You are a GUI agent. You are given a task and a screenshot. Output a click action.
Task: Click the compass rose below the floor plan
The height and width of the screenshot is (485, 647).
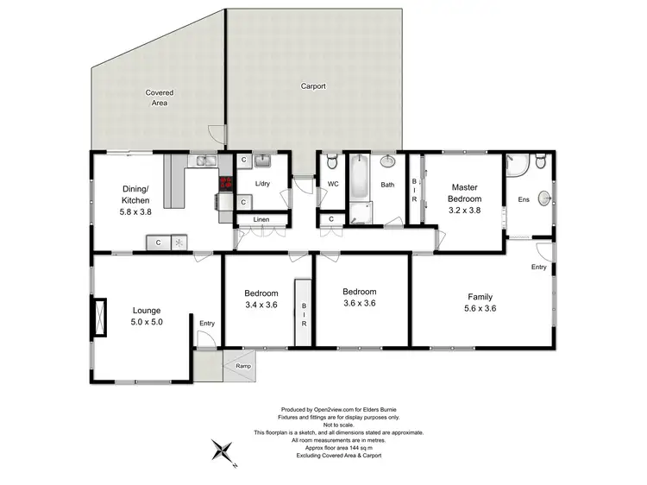pos(223,451)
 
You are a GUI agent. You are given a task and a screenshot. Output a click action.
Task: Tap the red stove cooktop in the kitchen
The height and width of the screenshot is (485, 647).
pos(227,182)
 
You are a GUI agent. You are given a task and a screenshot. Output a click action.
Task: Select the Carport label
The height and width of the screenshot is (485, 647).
pos(313,86)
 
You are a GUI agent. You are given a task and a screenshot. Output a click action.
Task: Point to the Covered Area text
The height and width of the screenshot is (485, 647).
pos(159,98)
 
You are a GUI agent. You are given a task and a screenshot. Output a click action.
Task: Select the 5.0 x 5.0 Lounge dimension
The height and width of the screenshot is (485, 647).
pos(147,322)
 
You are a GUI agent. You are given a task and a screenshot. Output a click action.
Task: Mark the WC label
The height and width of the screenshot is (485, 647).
pos(332,184)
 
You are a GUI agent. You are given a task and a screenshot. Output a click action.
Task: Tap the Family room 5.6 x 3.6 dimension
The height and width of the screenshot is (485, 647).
pos(481,308)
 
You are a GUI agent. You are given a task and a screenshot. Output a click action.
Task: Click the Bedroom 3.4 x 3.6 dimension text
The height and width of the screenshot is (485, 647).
pos(261,304)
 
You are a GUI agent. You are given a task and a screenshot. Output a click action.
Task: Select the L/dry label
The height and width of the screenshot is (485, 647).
pos(264,184)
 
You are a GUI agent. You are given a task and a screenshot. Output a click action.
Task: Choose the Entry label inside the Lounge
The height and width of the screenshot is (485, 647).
pos(207,324)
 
